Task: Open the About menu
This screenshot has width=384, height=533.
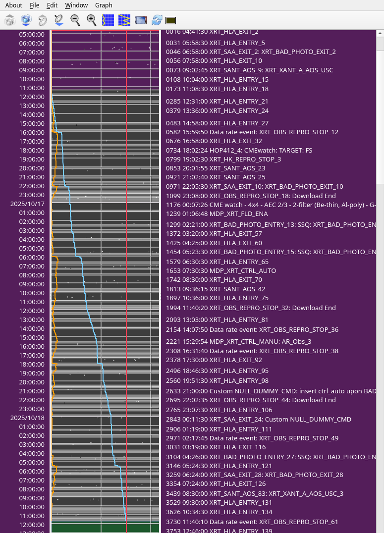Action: [x=13, y=5]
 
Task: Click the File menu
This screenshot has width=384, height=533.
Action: [x=34, y=5]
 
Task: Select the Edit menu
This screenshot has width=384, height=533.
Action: [x=52, y=5]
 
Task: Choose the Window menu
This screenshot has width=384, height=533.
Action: [x=76, y=5]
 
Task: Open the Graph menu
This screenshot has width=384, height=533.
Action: [x=104, y=5]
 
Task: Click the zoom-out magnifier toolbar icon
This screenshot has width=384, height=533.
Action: [x=75, y=20]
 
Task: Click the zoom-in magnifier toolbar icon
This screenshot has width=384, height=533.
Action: [x=92, y=20]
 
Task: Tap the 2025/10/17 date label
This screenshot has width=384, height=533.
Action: [x=27, y=204]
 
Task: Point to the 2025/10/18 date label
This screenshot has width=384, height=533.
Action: [x=27, y=418]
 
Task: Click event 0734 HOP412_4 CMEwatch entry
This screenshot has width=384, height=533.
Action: [x=239, y=150]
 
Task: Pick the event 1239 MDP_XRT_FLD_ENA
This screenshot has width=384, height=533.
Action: [x=217, y=214]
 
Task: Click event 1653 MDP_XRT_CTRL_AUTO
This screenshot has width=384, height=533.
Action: [x=220, y=271]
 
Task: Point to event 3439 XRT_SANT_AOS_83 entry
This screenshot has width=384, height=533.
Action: [x=254, y=494]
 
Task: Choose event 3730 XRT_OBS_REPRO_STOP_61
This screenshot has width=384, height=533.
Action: [x=252, y=522]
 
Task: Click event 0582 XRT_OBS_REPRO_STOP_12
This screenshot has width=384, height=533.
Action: [x=252, y=132]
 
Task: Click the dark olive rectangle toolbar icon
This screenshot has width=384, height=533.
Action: [x=171, y=20]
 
